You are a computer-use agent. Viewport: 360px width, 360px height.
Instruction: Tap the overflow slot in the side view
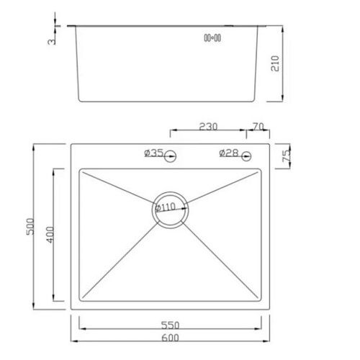(212, 37)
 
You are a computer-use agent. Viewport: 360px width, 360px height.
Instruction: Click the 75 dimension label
(286, 156)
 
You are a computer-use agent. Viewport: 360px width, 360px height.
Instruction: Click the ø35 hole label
(154, 153)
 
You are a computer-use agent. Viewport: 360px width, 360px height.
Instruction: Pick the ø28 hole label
(228, 153)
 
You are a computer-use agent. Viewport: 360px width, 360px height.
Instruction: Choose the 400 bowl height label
(50, 236)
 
